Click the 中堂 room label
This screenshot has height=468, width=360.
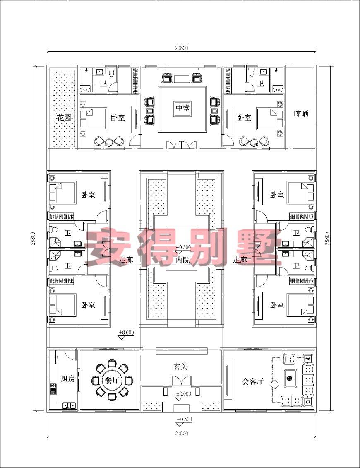point(182,108)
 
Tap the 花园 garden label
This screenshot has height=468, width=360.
point(64,118)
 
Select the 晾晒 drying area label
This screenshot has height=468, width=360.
point(301,114)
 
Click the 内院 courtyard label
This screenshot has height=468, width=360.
point(182,260)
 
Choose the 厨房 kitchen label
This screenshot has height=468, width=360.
point(68,379)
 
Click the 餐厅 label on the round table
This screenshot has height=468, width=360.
point(112,380)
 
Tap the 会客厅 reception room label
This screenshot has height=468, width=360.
point(253,381)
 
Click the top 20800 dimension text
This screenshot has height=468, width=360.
point(181,48)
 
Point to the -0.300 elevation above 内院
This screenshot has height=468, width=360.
point(183,247)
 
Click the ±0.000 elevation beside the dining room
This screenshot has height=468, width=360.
point(127,332)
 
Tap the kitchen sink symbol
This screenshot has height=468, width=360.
point(69,405)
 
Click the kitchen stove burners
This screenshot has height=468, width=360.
point(53,389)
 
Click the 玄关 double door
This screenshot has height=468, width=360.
point(182,381)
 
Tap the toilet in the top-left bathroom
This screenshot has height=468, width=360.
point(112,72)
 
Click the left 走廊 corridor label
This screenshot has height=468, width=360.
point(125,260)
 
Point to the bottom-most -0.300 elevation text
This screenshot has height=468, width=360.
point(184,420)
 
